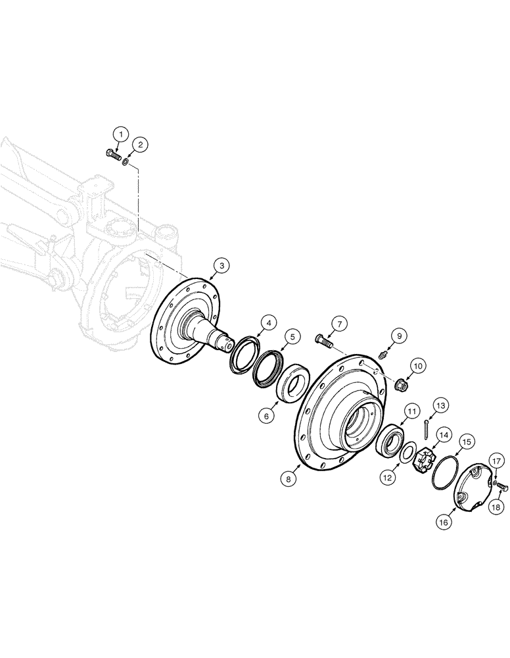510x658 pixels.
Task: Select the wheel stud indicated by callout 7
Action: tap(324, 342)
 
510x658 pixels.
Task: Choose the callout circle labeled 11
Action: tap(412, 411)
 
